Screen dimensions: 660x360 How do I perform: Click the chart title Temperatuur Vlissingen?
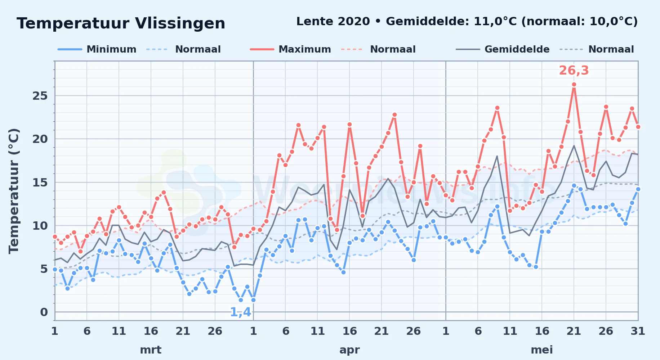click(121, 23)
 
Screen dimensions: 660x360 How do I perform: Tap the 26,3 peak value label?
click(574, 71)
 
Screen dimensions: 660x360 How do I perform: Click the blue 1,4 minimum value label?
click(240, 312)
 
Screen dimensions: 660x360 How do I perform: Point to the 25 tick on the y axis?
click(40, 96)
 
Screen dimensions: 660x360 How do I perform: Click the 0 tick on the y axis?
click(44, 312)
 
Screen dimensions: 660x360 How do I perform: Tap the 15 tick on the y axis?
click(40, 183)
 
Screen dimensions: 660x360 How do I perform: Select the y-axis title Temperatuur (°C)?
click(14, 191)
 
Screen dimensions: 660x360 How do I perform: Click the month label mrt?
click(151, 350)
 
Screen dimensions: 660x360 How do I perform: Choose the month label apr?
click(349, 350)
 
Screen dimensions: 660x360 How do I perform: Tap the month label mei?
click(542, 350)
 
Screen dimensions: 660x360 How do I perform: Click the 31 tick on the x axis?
click(638, 331)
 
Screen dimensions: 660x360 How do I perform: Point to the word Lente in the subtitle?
click(315, 21)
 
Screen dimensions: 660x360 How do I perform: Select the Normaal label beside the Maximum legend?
click(393, 49)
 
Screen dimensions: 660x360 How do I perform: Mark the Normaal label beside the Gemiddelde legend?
click(611, 49)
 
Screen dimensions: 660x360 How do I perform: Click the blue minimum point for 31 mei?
click(638, 189)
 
